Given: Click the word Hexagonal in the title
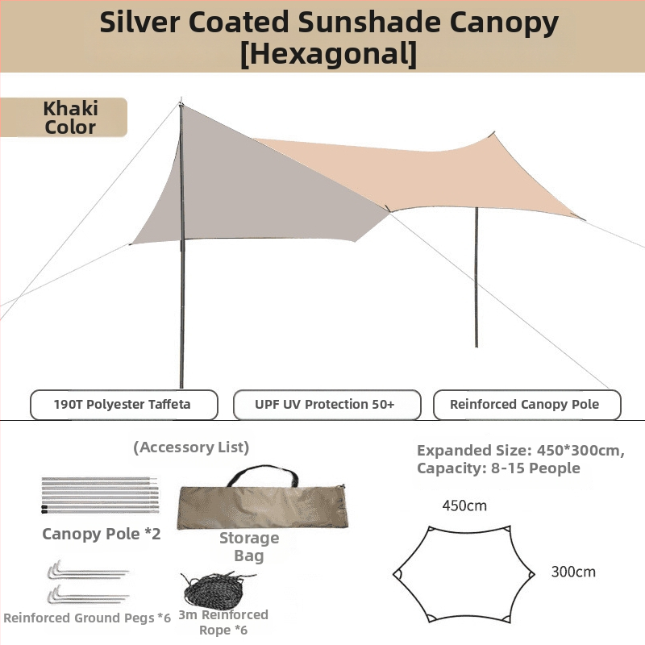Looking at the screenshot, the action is (x=328, y=53).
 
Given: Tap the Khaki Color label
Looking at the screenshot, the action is (x=64, y=117).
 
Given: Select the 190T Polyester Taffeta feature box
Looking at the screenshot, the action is (x=124, y=405).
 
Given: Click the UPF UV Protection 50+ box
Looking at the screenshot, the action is (x=327, y=405).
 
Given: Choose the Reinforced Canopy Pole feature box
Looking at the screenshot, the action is (x=527, y=405).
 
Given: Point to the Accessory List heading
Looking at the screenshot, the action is (x=191, y=447).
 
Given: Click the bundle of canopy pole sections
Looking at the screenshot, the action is (x=100, y=495).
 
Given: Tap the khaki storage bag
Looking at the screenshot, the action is (x=263, y=507).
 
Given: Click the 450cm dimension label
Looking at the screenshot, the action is (x=464, y=506).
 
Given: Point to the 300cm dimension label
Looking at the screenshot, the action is (x=573, y=572).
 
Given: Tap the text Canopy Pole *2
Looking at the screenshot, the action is (x=102, y=534).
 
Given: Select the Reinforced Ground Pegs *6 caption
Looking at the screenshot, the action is (x=87, y=618).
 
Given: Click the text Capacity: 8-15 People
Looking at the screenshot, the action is (x=498, y=468).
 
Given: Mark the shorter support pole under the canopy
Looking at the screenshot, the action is (x=476, y=277).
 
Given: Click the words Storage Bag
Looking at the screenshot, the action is (x=249, y=547).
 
